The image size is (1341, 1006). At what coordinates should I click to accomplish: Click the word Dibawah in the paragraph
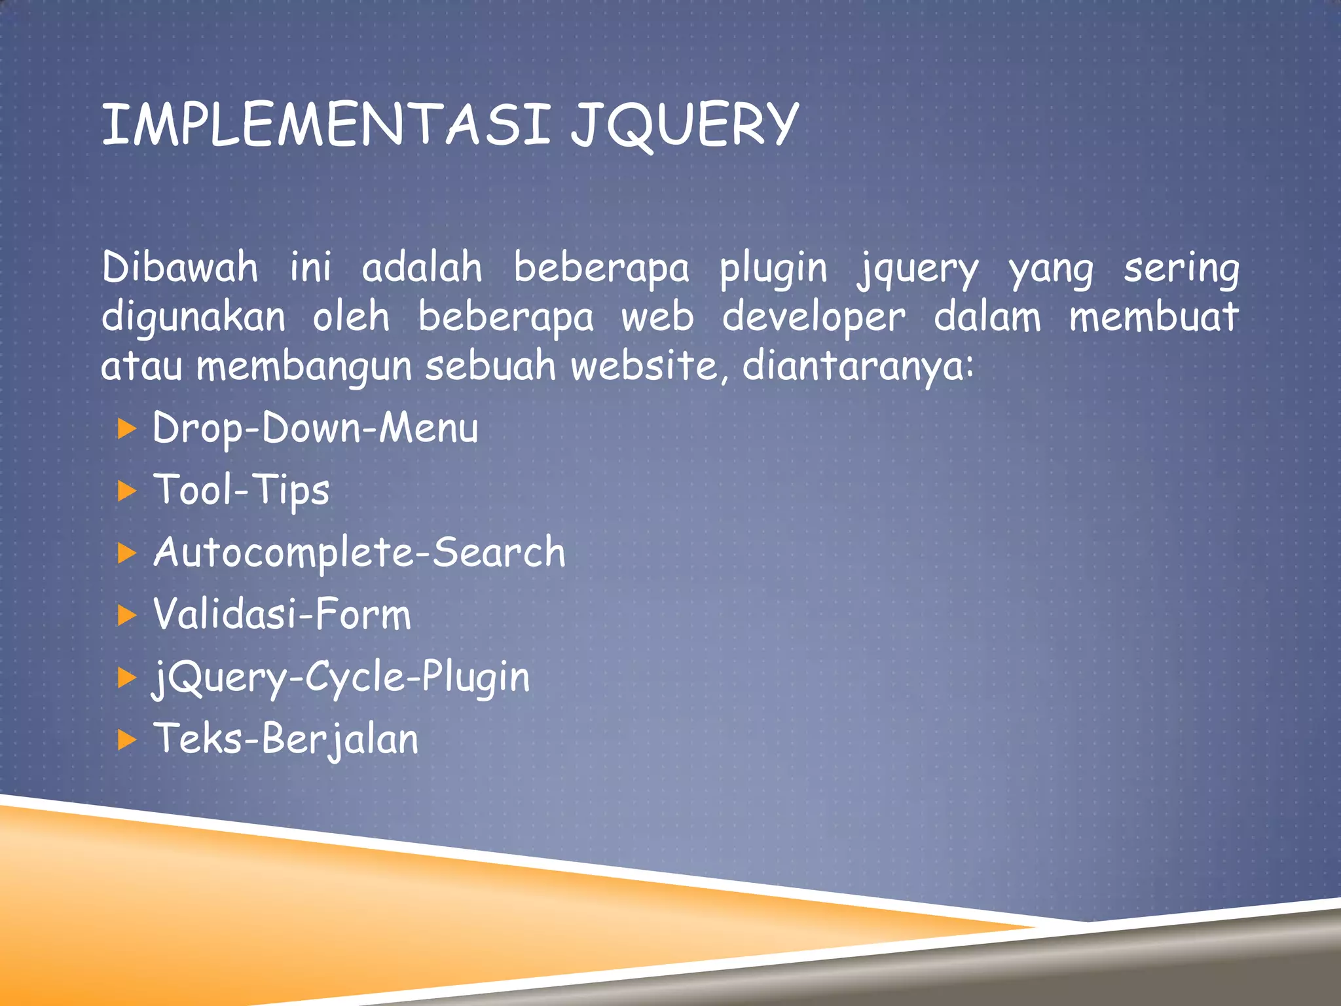(180, 268)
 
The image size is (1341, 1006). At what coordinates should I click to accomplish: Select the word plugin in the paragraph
(773, 269)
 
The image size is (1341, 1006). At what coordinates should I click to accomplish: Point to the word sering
(1181, 269)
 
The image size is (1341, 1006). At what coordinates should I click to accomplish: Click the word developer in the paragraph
(814, 318)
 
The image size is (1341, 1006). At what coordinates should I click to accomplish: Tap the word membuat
(1154, 317)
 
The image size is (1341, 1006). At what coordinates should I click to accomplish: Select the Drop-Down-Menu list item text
(316, 428)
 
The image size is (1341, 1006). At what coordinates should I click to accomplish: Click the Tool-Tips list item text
(242, 491)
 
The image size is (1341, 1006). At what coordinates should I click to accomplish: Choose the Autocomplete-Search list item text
(359, 552)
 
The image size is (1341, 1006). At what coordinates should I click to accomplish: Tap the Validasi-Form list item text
(282, 614)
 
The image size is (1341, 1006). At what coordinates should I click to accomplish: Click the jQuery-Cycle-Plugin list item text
(341, 677)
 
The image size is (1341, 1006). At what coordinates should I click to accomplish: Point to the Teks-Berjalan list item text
(286, 739)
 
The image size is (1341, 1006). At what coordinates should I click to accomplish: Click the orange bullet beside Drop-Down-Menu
(126, 430)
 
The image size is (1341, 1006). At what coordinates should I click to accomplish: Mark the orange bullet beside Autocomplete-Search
(126, 553)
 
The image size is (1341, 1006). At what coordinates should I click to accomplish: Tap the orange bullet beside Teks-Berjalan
(126, 740)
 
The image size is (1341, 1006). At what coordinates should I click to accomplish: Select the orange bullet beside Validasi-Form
(126, 616)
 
